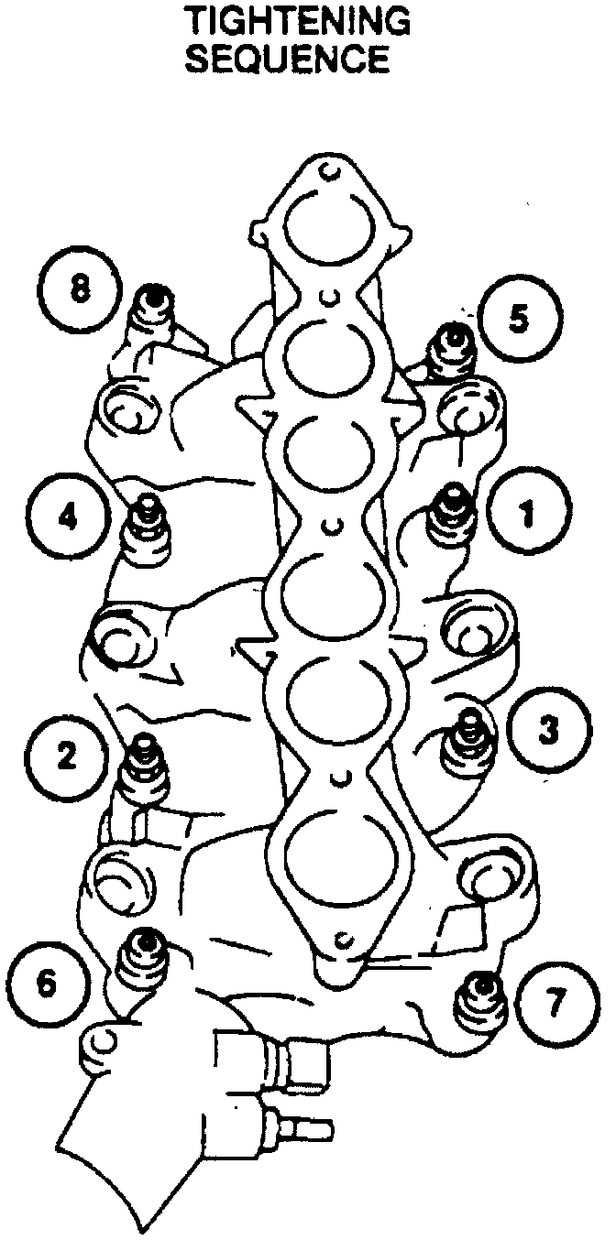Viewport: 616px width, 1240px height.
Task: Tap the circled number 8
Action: (81, 289)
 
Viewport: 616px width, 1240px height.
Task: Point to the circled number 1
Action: (527, 512)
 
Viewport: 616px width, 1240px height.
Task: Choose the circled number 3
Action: (548, 731)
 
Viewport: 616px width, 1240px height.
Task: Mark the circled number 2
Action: (67, 756)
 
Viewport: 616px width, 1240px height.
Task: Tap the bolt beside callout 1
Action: (451, 513)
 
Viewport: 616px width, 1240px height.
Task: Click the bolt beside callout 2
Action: (143, 767)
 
